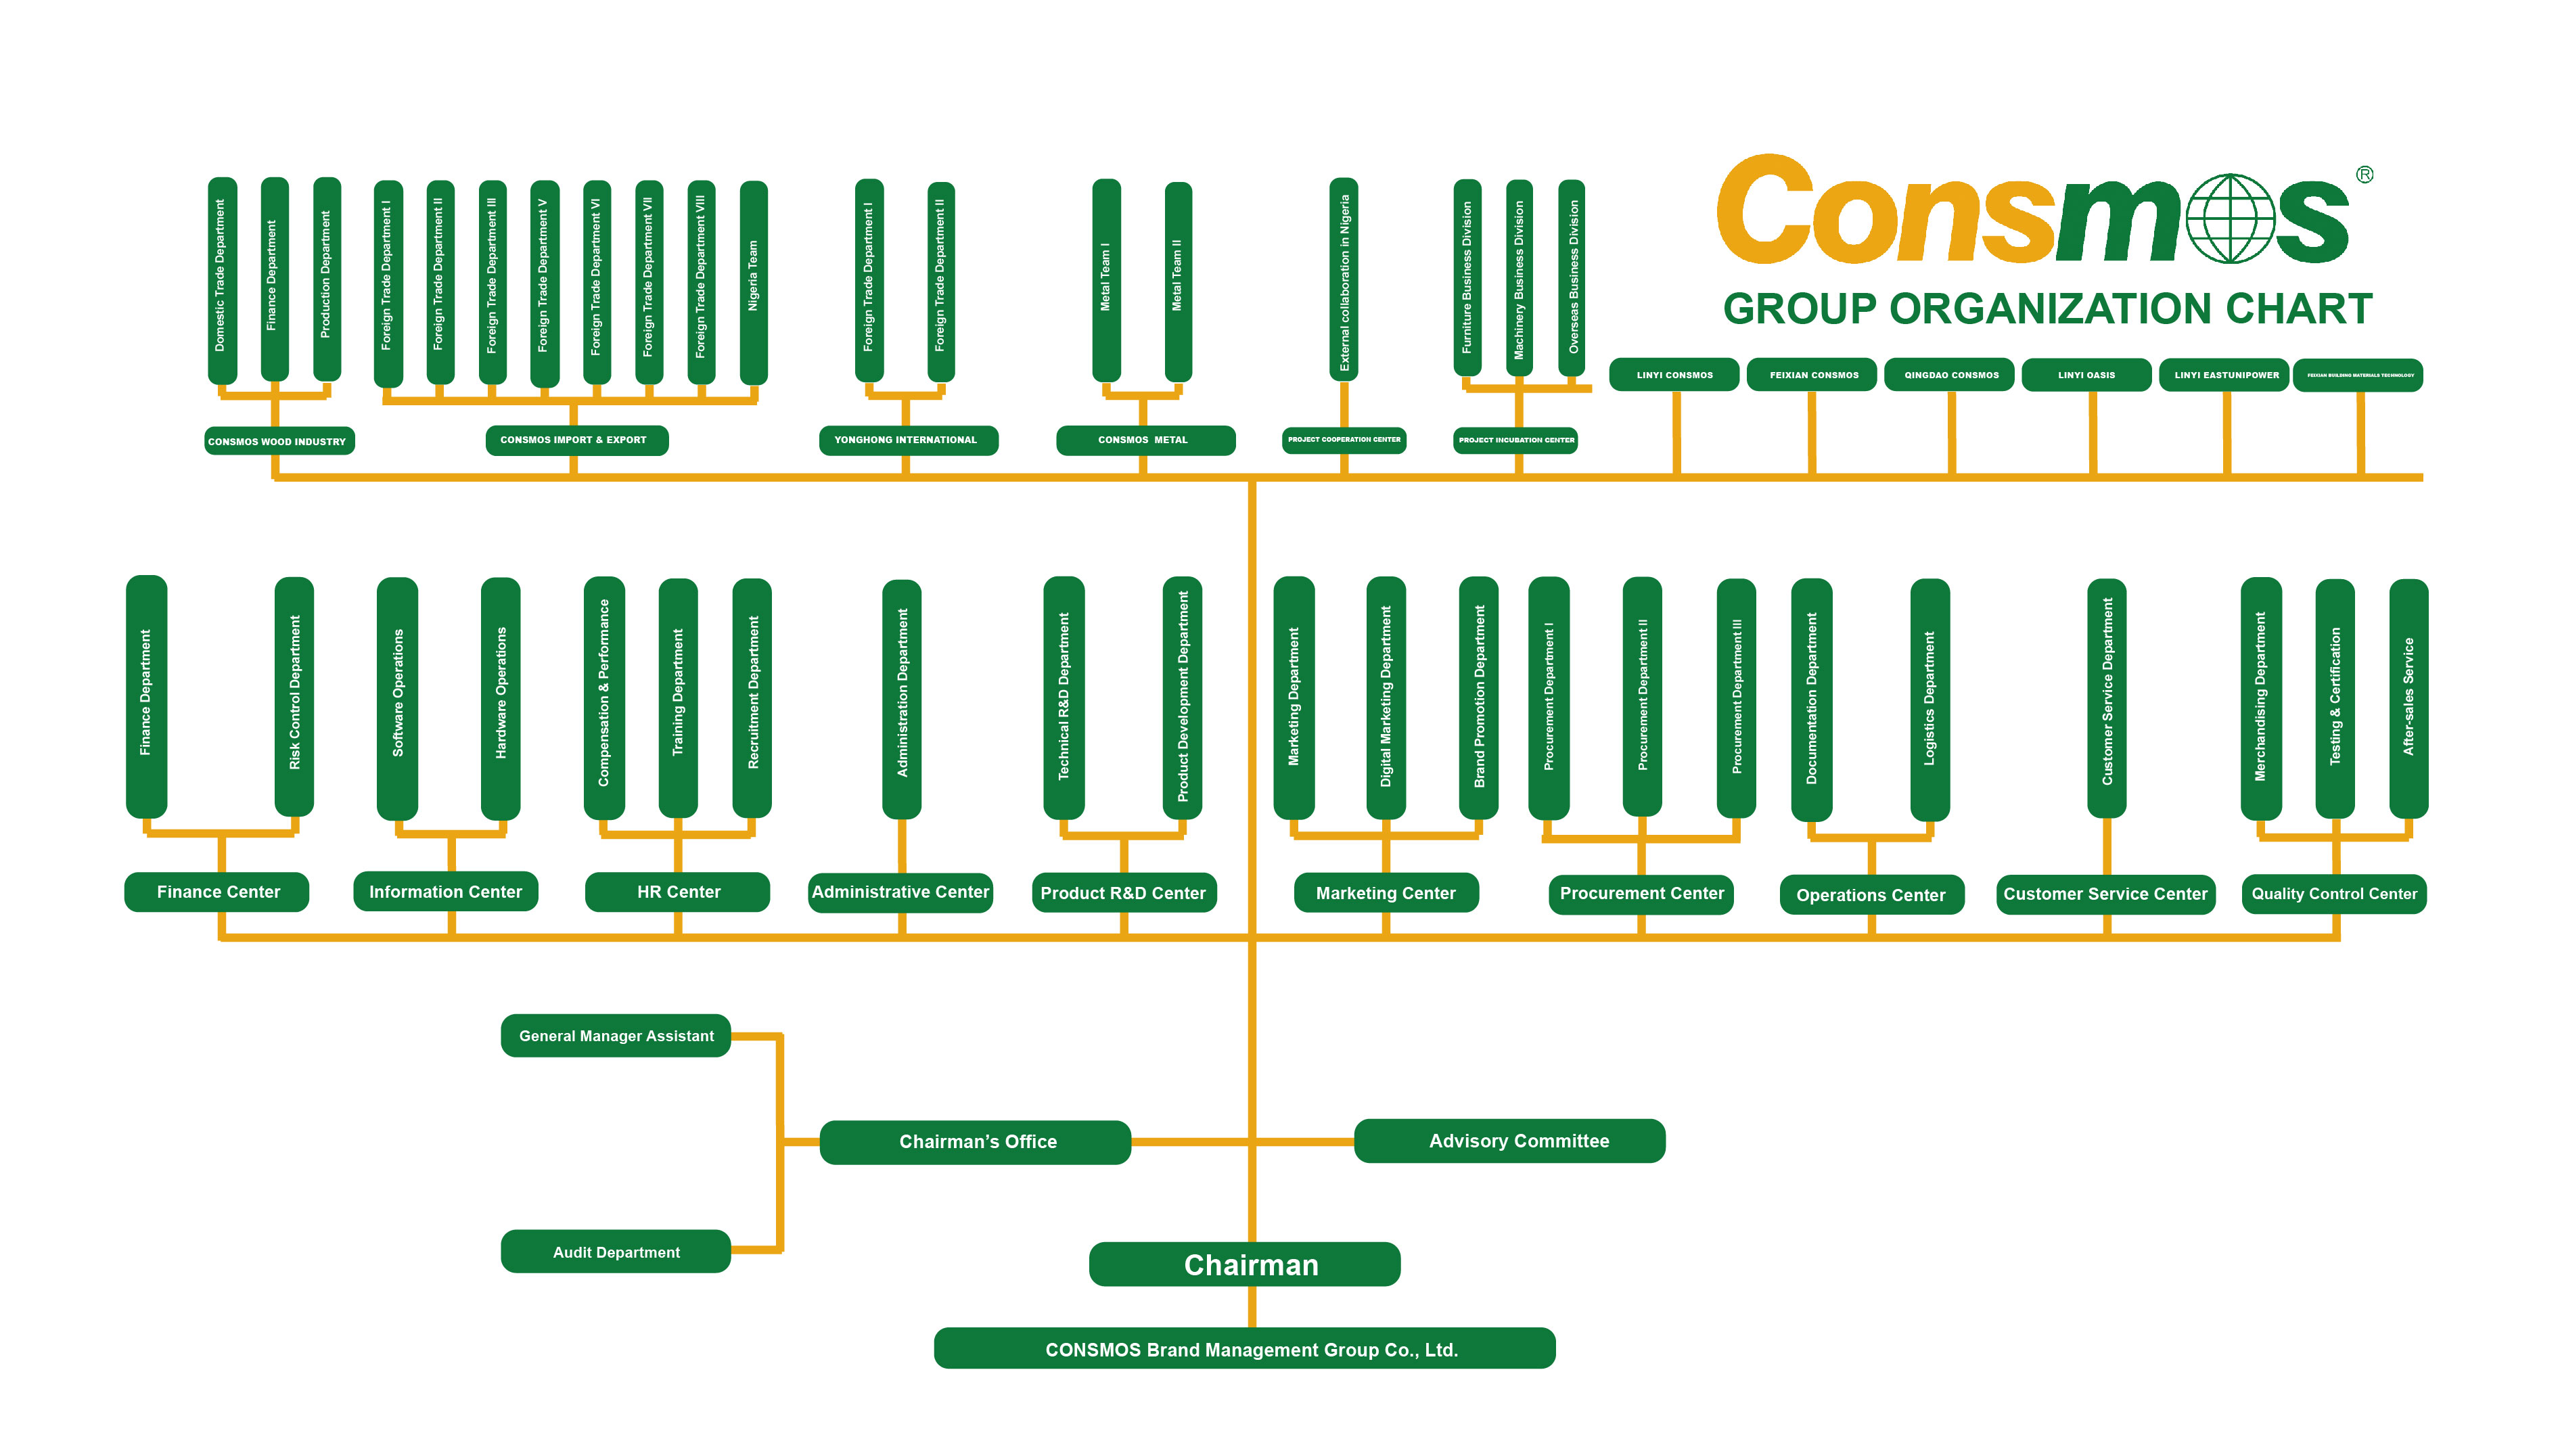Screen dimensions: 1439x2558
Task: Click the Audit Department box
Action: click(616, 1252)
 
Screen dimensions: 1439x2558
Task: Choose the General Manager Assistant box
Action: click(616, 1036)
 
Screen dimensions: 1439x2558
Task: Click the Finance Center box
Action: click(216, 892)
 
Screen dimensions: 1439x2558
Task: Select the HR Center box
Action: click(677, 892)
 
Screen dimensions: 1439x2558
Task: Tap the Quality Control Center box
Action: click(2333, 894)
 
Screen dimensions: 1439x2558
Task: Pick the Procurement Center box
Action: click(1641, 894)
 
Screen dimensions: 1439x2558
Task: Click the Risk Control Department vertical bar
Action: click(294, 695)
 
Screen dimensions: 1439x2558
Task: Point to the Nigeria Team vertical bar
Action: click(754, 281)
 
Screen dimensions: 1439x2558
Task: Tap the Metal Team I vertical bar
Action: click(1106, 279)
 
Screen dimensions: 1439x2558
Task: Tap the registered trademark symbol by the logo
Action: click(2365, 175)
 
